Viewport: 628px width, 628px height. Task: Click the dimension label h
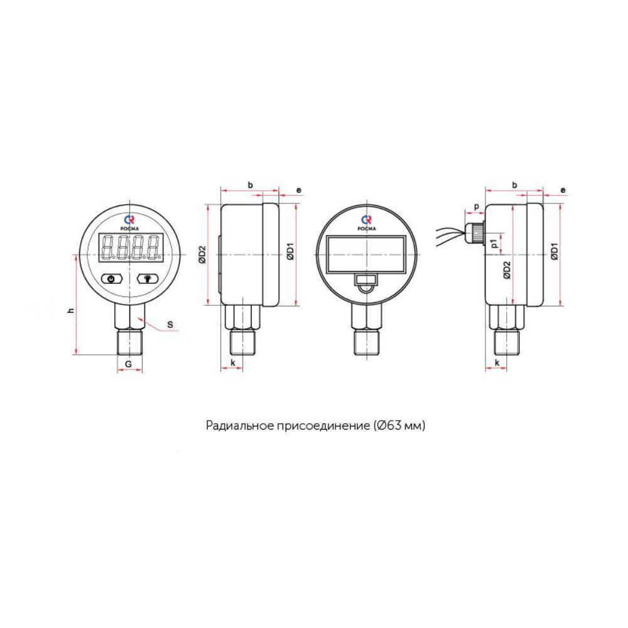point(72,310)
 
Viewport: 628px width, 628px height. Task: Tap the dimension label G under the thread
point(129,364)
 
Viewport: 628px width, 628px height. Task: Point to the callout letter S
point(170,325)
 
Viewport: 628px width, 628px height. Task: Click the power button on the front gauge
point(112,278)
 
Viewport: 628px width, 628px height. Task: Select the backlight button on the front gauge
point(148,278)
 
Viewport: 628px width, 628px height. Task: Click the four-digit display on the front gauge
point(131,247)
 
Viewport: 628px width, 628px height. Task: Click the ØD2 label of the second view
point(202,254)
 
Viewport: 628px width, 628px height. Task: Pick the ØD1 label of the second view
point(291,251)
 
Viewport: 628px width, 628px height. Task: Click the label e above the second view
point(299,190)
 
